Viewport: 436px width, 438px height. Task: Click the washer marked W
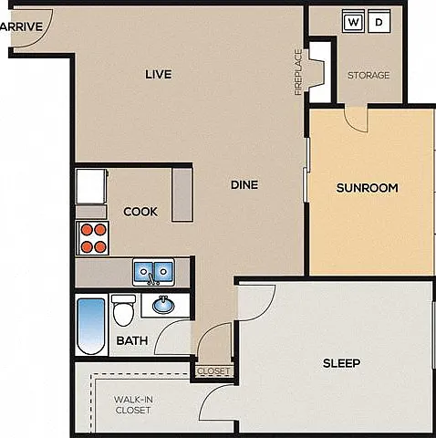tap(353, 21)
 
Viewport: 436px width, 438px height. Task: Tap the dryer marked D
tap(379, 21)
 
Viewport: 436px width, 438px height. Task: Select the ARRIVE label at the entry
tap(21, 26)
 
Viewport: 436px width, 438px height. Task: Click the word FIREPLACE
tap(298, 72)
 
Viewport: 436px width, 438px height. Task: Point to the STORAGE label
tap(369, 75)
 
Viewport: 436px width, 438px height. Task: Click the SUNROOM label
tap(368, 188)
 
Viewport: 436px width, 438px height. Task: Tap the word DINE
tap(244, 184)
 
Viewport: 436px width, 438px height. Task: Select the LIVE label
tap(159, 74)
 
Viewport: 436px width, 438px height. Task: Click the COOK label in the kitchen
tap(140, 212)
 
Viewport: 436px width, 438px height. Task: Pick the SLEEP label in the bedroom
tap(342, 363)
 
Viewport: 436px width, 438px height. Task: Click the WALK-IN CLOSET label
tap(133, 404)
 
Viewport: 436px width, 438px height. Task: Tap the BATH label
tap(132, 340)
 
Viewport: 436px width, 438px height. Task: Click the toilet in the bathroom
tap(123, 310)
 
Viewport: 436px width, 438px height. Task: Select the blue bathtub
tap(91, 326)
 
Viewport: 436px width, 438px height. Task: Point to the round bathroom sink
tap(163, 305)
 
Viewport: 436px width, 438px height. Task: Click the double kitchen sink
tap(153, 272)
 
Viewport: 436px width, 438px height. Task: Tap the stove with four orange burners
tap(93, 238)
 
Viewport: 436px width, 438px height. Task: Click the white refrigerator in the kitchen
tap(91, 186)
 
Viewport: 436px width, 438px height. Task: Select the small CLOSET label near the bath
tap(213, 371)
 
